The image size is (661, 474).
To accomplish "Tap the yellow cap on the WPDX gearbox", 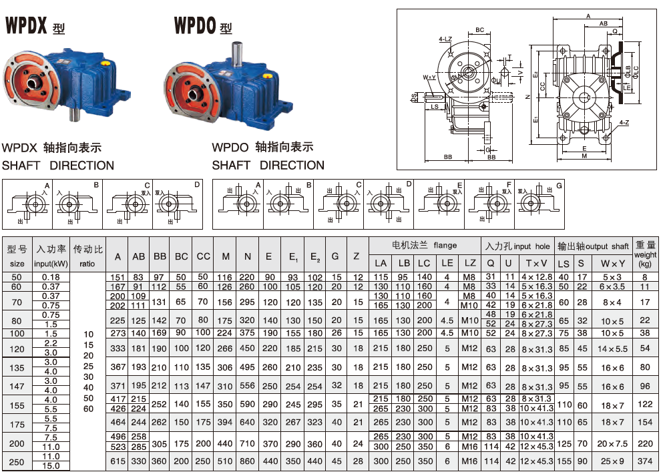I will click(x=105, y=63).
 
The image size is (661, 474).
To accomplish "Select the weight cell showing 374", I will click(x=644, y=461).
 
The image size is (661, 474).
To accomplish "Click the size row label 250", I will click(x=17, y=461).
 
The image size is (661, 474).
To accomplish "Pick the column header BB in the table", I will click(x=160, y=256).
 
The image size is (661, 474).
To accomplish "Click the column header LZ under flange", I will click(x=469, y=263).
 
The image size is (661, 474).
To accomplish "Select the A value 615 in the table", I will click(x=118, y=461).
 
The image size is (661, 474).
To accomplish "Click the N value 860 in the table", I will click(x=247, y=461).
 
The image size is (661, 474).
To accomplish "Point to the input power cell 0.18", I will click(x=51, y=277).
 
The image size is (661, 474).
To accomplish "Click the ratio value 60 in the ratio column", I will click(x=88, y=408).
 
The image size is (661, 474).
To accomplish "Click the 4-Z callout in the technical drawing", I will click(x=624, y=123).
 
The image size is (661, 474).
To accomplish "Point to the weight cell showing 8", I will click(x=644, y=277).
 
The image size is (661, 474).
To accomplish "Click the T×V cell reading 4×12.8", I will click(x=536, y=277).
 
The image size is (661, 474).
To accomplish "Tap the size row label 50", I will click(x=17, y=277).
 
